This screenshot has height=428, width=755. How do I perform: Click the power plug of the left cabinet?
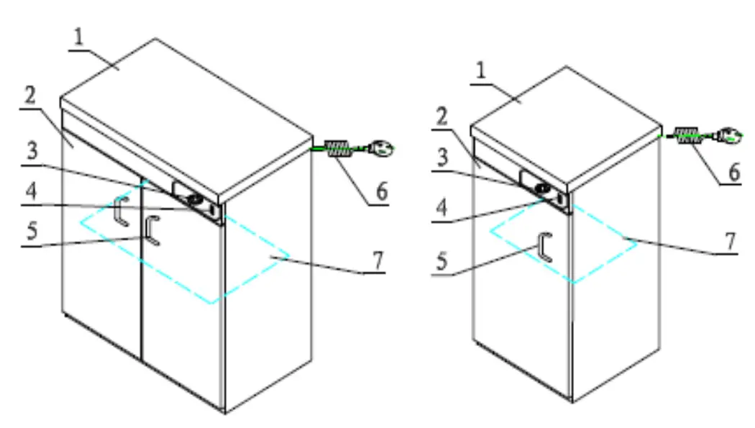381,149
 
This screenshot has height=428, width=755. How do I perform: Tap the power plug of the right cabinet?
729,135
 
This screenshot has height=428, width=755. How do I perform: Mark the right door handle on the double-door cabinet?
151,230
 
